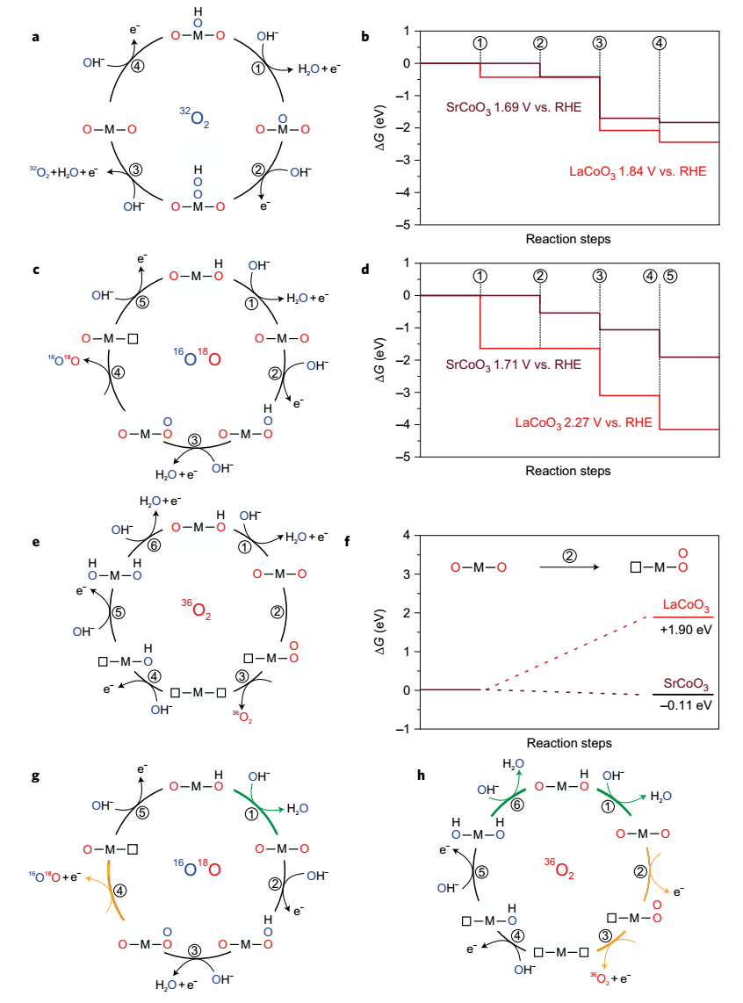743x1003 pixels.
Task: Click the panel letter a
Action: click(x=35, y=37)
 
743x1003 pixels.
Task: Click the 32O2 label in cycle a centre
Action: click(x=200, y=117)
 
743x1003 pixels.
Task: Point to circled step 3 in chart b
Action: click(x=600, y=43)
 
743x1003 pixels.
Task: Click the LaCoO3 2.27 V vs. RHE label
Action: click(x=583, y=422)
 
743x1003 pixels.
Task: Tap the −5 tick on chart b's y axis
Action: click(x=406, y=225)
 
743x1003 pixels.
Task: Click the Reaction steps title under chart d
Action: click(x=568, y=470)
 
